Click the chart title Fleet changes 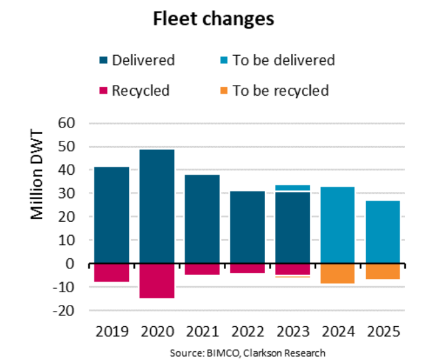point(213,19)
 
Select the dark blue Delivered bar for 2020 point(157,206)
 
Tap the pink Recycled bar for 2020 point(157,281)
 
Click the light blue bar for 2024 point(337,225)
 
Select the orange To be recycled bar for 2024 point(337,274)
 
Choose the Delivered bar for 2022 point(247,227)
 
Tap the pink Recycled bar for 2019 point(112,272)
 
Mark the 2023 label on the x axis point(292,331)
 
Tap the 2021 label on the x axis point(202,331)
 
